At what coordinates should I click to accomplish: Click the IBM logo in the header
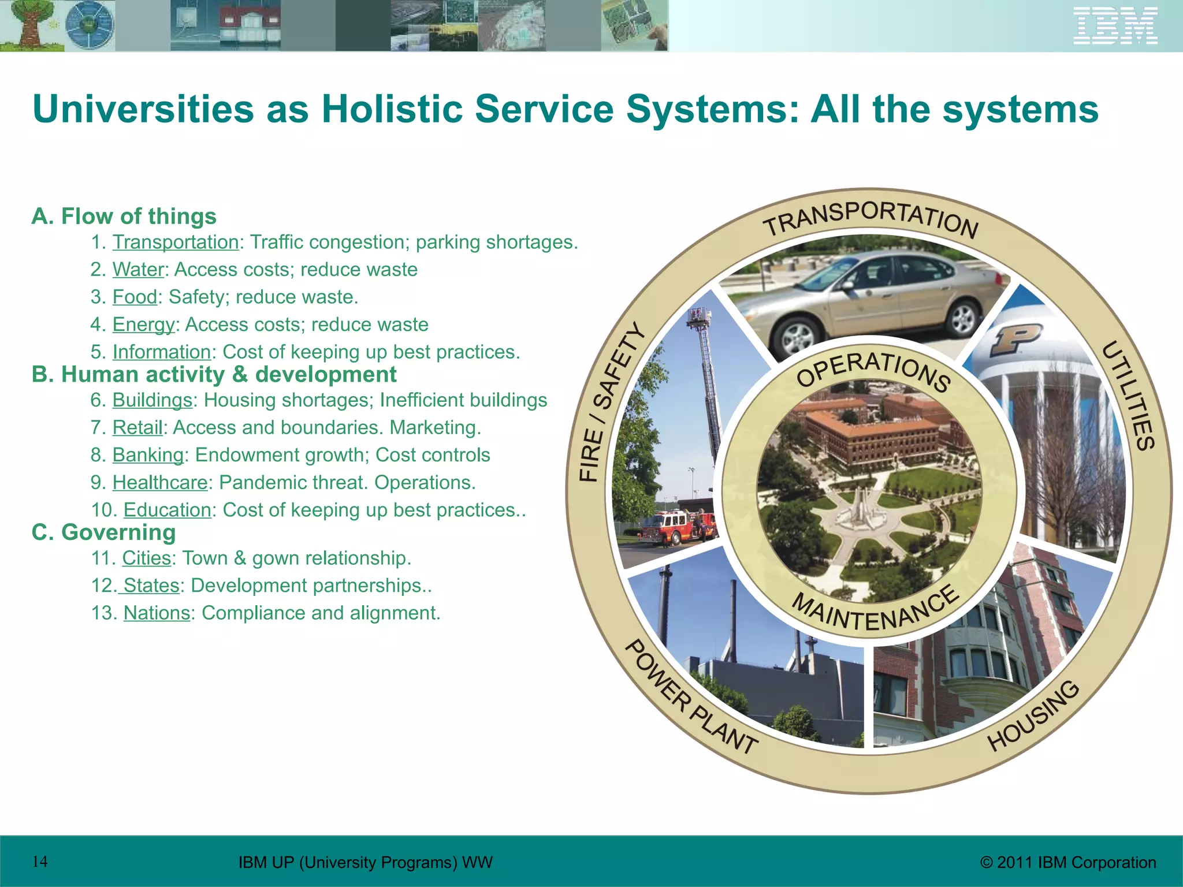[1115, 26]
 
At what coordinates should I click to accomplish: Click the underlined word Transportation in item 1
[175, 242]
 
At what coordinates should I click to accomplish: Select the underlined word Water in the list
[138, 270]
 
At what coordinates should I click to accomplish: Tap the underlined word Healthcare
[160, 482]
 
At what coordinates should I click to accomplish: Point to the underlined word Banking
[148, 455]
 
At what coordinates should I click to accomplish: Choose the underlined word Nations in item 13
[157, 613]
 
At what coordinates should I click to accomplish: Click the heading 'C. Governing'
[103, 532]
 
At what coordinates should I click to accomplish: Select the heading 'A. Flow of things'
[124, 217]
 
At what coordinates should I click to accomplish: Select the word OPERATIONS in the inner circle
[872, 370]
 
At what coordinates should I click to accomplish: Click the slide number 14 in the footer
[40, 862]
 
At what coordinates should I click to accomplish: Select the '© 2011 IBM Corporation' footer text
[1068, 863]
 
